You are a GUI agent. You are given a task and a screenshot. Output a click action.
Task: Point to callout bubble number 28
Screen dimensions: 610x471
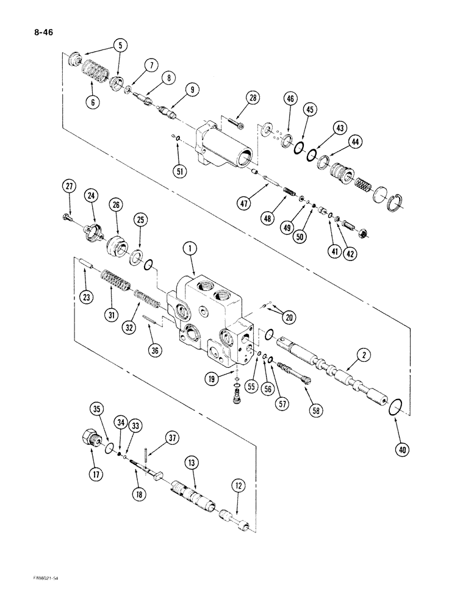253,98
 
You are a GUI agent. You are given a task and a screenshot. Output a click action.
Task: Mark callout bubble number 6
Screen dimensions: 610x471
93,103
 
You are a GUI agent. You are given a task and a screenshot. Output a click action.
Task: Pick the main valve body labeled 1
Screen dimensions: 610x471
214,314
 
